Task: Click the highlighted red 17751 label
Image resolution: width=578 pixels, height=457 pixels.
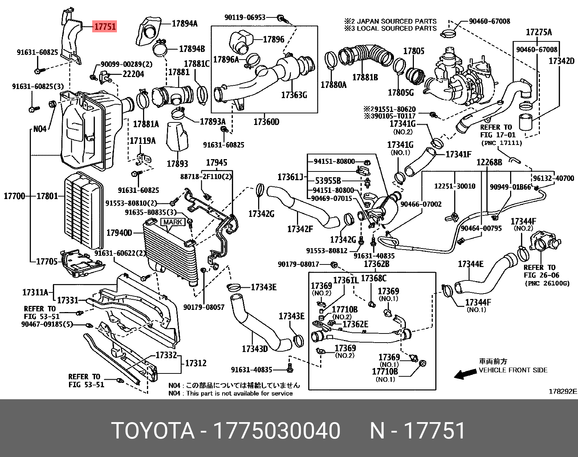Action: pos(105,27)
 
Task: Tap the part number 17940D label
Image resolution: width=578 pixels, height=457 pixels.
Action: pos(119,232)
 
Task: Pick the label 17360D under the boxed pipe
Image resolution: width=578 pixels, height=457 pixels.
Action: pos(266,122)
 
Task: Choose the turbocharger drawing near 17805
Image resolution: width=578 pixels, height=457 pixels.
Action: pos(457,78)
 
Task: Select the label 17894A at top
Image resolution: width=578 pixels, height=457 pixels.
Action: pos(184,24)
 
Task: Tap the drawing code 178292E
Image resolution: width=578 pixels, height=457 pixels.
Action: pos(562,392)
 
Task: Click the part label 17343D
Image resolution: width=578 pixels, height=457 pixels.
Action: pos(255,349)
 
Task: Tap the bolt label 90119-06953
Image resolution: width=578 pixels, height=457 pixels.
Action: pos(245,17)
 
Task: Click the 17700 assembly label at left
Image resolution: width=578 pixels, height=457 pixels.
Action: pos(15,196)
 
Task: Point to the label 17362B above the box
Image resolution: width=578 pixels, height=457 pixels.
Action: pos(376,264)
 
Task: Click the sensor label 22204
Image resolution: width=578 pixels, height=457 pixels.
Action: pos(133,74)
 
